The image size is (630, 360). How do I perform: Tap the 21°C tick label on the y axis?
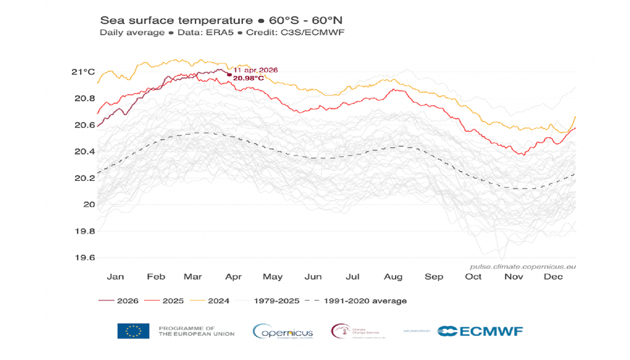(82, 72)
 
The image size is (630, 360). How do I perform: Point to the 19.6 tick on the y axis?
(84, 258)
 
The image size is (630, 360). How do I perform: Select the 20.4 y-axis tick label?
(84, 152)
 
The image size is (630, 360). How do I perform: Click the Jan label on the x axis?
(115, 277)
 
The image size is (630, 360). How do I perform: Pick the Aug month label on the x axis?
(393, 277)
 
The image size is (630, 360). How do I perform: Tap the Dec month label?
(552, 277)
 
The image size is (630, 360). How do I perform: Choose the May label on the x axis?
(272, 277)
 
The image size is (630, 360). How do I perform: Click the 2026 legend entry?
(118, 301)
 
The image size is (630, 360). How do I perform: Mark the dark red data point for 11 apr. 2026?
(229, 75)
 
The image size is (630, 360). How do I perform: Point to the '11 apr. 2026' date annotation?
(255, 70)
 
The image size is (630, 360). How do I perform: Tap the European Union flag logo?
(133, 331)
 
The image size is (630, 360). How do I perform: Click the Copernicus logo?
(282, 331)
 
